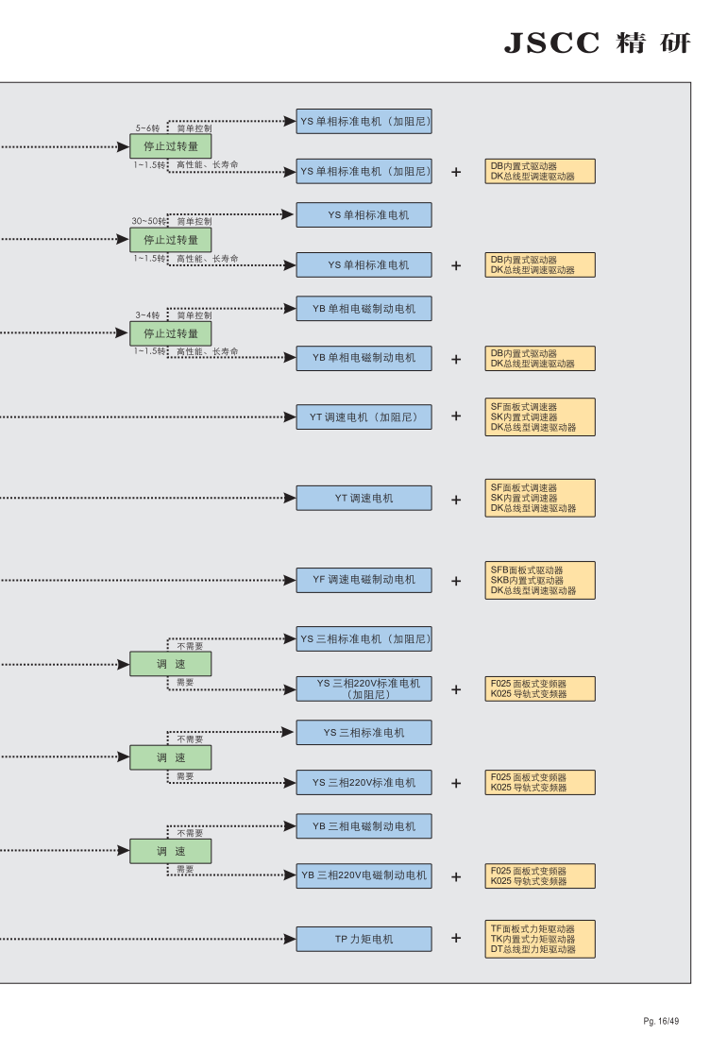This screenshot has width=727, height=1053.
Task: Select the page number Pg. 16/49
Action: point(661,1021)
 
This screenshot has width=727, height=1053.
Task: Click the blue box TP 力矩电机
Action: point(363,939)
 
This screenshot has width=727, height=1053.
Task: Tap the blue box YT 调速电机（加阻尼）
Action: point(363,417)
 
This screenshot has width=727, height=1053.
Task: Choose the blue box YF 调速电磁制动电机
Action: point(363,580)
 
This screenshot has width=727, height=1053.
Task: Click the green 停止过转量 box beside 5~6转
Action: point(171,146)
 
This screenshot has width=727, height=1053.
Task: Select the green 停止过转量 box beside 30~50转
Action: point(171,240)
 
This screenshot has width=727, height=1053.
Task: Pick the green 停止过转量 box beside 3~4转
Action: point(171,333)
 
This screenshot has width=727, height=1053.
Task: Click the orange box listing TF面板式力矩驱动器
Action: point(540,939)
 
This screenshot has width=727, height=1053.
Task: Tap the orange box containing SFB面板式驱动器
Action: point(540,580)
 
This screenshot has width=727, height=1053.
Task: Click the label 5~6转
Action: point(147,127)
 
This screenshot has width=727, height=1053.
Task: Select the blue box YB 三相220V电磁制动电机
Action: point(363,875)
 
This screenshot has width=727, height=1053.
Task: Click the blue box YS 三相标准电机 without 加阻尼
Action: point(363,733)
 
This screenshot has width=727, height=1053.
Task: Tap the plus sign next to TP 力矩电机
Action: point(456,938)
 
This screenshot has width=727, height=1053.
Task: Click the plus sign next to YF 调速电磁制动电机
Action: point(456,580)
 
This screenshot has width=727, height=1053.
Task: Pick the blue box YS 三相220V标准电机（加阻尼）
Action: point(363,688)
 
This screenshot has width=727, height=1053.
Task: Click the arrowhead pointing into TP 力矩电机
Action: point(290,939)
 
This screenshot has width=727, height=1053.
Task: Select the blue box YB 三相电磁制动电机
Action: point(363,826)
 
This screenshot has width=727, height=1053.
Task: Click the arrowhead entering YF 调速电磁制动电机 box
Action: point(290,580)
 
